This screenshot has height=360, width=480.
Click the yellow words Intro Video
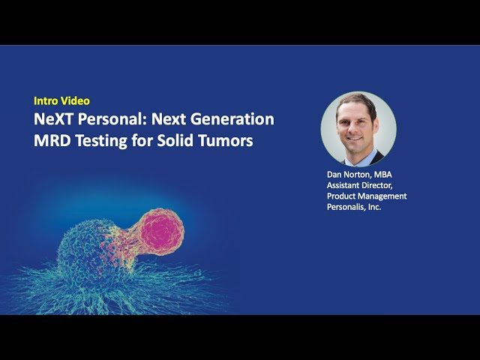pyautogui.click(x=62, y=100)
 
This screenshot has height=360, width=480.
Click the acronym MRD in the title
pyautogui.click(x=52, y=140)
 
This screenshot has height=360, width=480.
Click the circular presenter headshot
pyautogui.click(x=358, y=128)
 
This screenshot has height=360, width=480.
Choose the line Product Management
pyautogui.click(x=367, y=196)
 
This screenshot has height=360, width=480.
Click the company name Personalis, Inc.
pyautogui.click(x=354, y=206)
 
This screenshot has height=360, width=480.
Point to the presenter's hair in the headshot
pyautogui.click(x=358, y=103)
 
